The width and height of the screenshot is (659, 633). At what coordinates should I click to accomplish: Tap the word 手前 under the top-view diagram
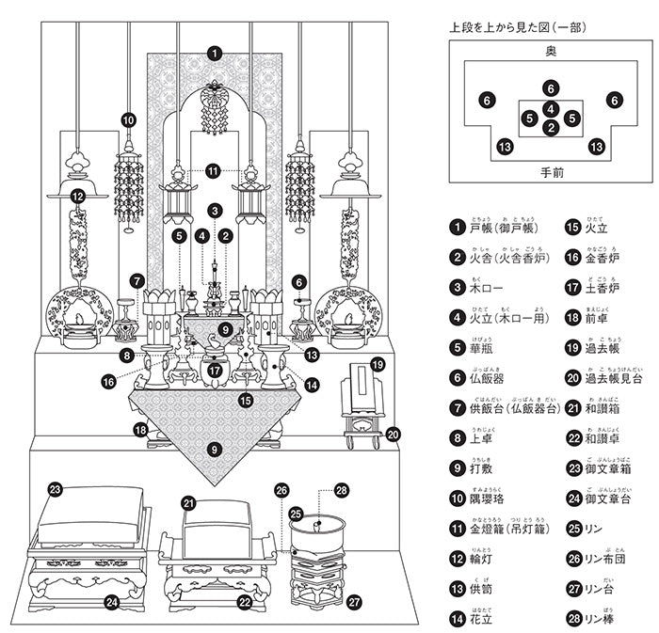pyautogui.click(x=551, y=173)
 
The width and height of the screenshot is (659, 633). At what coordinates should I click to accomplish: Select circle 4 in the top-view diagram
pyautogui.click(x=552, y=108)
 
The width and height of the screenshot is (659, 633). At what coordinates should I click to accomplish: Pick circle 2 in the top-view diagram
pyautogui.click(x=552, y=126)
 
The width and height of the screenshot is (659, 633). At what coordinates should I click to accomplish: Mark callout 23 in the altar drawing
pyautogui.click(x=56, y=490)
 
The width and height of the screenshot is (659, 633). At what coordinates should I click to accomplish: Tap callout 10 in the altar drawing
pyautogui.click(x=128, y=119)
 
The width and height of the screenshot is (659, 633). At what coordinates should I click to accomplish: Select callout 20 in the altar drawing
pyautogui.click(x=394, y=434)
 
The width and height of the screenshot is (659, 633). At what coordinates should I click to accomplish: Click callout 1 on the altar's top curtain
pyautogui.click(x=215, y=54)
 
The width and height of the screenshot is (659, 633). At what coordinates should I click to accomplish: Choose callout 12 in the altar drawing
pyautogui.click(x=77, y=197)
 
